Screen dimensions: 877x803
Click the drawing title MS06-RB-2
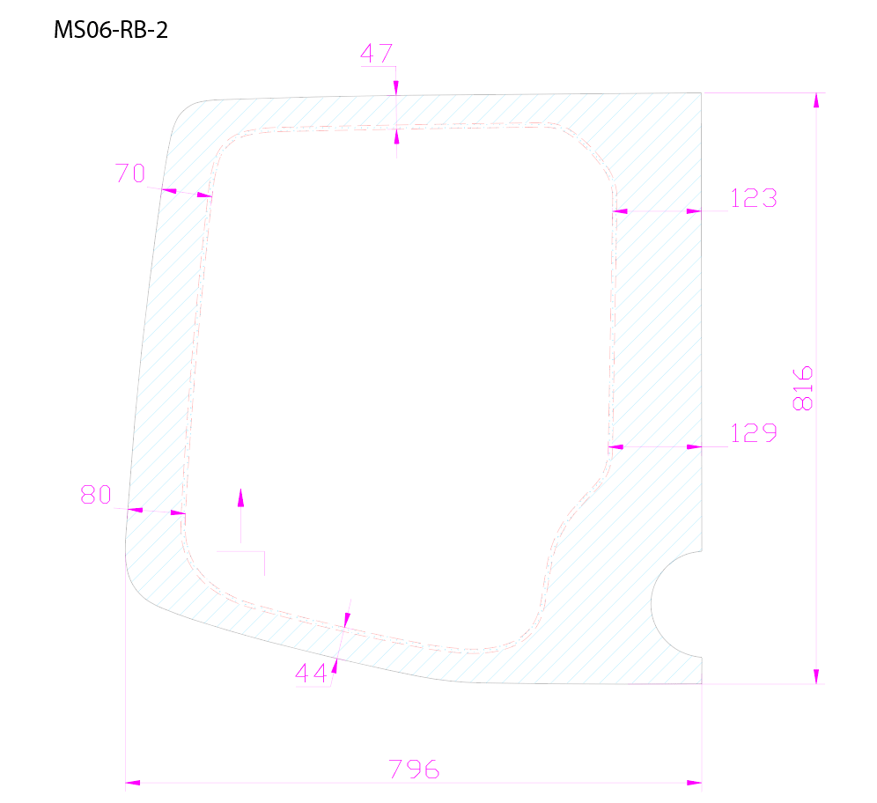tap(110, 30)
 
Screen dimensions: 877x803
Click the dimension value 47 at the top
tap(376, 54)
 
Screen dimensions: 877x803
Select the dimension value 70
tap(130, 173)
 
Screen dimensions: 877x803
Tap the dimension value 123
tap(754, 198)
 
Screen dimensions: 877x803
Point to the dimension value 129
tap(754, 433)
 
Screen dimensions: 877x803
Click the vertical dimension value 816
tap(803, 388)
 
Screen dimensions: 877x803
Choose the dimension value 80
tap(96, 495)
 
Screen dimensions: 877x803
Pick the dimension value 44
tap(311, 674)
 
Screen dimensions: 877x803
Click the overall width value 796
tap(414, 770)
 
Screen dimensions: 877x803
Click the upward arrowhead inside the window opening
tap(241, 497)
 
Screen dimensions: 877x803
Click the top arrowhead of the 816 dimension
tap(816, 100)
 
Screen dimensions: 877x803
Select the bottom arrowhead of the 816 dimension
tap(816, 676)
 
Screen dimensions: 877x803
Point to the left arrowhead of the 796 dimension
tap(133, 783)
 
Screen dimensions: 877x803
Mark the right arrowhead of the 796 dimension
tap(694, 783)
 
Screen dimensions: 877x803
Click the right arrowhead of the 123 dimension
tap(694, 211)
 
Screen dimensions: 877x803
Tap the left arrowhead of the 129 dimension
tap(615, 446)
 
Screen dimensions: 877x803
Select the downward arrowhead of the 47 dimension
tap(396, 88)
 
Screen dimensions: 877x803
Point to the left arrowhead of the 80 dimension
tap(135, 510)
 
